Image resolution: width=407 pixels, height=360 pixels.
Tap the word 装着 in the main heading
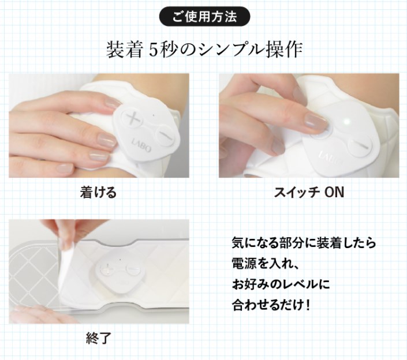123,50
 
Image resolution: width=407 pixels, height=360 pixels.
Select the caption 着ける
98,192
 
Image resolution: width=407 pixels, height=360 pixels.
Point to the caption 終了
98,337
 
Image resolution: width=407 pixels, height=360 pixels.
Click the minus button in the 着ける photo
164,134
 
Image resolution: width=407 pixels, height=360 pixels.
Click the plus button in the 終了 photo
109,268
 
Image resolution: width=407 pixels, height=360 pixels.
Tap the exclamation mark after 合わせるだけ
308,304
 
